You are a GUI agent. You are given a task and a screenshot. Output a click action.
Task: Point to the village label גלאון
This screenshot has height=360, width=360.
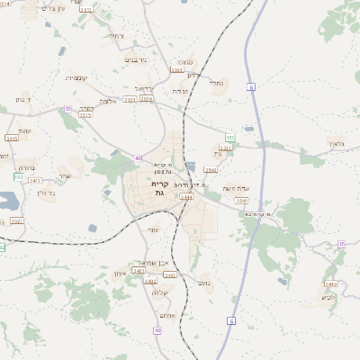pos(337,144)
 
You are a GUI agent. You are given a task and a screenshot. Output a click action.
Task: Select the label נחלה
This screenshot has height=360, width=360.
pos(217,83)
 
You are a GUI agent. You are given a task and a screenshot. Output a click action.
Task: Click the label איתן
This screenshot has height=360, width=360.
pos(120,273)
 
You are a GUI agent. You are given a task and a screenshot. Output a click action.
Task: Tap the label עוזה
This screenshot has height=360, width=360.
pos(153,229)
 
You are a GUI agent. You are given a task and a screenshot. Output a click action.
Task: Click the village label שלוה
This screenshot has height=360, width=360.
pos(160,293)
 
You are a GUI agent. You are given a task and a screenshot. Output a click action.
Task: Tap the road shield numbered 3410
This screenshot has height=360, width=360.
pos(331,283)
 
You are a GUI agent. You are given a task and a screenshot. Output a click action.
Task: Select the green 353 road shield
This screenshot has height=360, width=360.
pos(229,138)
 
